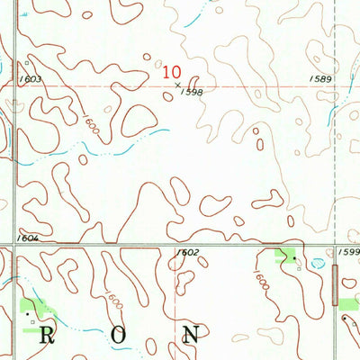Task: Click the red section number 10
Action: click(x=172, y=72)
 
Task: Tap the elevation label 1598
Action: click(x=191, y=92)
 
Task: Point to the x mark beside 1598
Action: click(x=178, y=85)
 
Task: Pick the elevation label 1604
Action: click(x=27, y=238)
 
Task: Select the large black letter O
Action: click(x=116, y=336)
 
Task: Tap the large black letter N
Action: click(x=190, y=336)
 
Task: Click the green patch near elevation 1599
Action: click(x=286, y=256)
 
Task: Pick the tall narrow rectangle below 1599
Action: click(x=336, y=283)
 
